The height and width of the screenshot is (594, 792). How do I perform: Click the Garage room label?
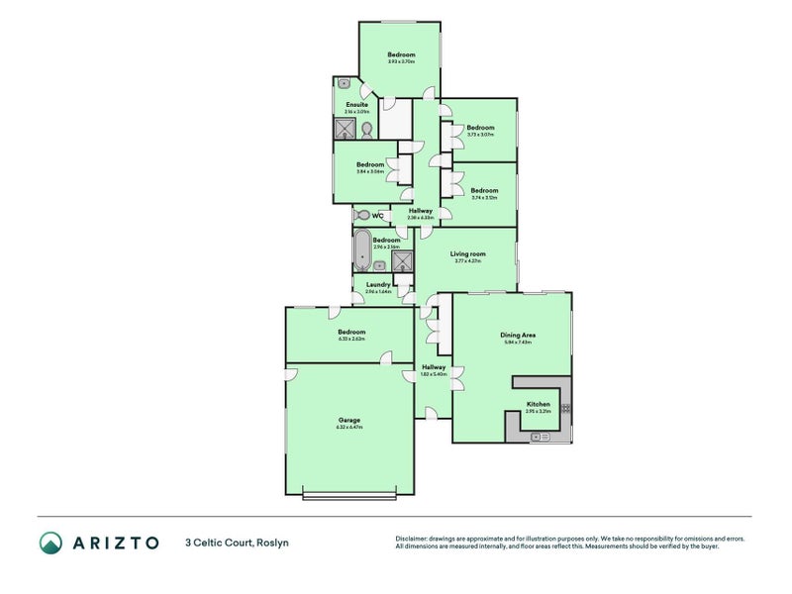coord(350,420)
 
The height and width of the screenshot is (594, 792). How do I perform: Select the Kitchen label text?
coord(538,404)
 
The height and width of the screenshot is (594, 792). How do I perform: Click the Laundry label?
coord(377,285)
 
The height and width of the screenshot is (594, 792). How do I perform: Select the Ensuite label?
coord(356,104)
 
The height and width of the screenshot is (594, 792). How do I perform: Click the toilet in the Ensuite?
coord(365,131)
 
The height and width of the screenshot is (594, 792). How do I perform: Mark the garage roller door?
coord(349,495)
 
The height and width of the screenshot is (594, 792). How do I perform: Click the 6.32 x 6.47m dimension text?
coord(350,428)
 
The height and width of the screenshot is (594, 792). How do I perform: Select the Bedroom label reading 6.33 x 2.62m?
coord(351,332)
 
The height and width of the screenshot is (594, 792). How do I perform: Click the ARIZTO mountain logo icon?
coord(50,542)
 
